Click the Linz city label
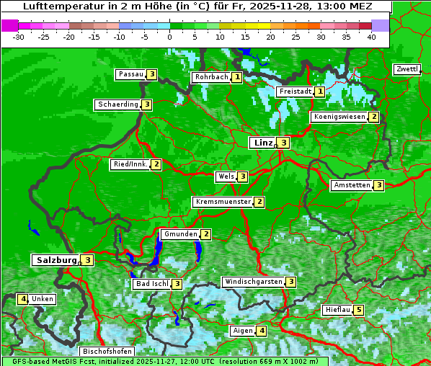click(x=262, y=143)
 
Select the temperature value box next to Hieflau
click(x=359, y=311)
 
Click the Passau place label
click(x=130, y=74)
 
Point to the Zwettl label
click(x=406, y=69)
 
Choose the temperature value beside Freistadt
click(x=319, y=91)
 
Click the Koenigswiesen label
click(x=339, y=117)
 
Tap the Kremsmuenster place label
click(x=223, y=202)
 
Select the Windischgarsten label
click(x=252, y=282)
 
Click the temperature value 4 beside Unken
click(x=23, y=299)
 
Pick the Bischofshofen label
click(x=107, y=352)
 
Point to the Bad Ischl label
click(x=151, y=284)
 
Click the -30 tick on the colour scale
click(x=19, y=37)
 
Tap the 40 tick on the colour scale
click(x=371, y=37)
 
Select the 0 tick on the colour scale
click(x=169, y=37)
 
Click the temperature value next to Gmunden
click(x=206, y=234)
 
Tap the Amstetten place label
click(x=351, y=185)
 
